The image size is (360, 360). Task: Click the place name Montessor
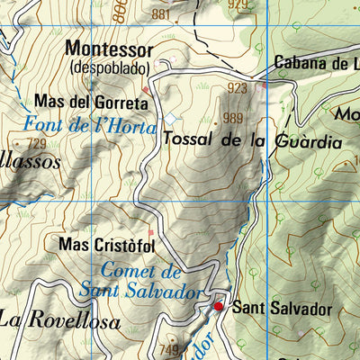tap(109, 49)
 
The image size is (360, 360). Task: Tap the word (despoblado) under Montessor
tap(109, 67)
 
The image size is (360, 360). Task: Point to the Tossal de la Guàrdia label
tap(252, 142)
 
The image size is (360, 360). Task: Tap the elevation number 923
tap(238, 88)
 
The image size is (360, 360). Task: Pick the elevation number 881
tap(160, 14)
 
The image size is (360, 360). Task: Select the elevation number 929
tap(237, 4)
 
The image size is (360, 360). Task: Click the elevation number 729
tap(36, 144)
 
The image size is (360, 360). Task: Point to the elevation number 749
tap(167, 349)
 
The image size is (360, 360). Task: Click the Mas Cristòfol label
tap(106, 244)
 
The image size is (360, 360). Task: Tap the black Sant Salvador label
tap(282, 309)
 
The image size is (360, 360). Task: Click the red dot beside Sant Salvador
tap(218, 307)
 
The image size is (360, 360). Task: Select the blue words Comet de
tap(141, 271)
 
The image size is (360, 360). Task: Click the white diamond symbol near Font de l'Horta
tap(171, 119)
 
